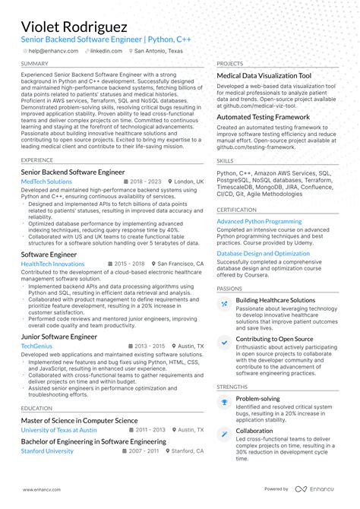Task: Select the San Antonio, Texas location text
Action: tap(159, 51)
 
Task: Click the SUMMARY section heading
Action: tap(35, 64)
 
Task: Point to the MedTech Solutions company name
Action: tap(46, 182)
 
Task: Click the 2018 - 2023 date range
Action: tap(145, 182)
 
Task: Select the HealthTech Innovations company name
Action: tap(52, 264)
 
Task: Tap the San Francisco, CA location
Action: tap(178, 264)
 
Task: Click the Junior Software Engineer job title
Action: tap(59, 336)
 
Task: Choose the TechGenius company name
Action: tap(37, 346)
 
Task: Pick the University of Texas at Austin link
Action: tap(58, 430)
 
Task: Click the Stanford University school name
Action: tap(47, 451)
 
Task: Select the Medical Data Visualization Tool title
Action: tap(264, 77)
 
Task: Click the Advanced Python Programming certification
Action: tap(259, 221)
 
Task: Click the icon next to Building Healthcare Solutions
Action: tap(224, 304)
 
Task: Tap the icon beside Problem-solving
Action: tap(224, 402)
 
